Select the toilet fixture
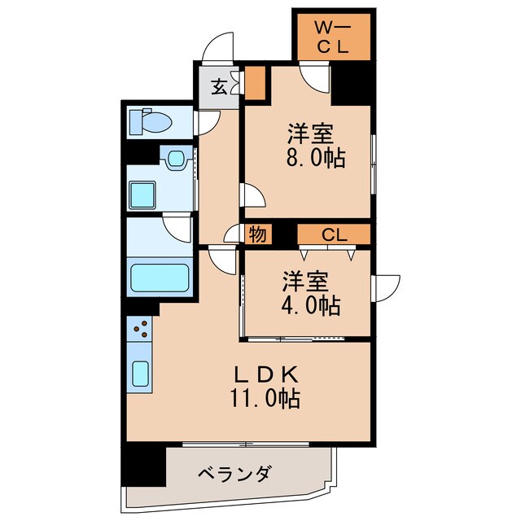point(151,121)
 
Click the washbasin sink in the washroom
point(173,159)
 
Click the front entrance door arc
point(218,49)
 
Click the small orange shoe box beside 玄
point(256,81)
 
